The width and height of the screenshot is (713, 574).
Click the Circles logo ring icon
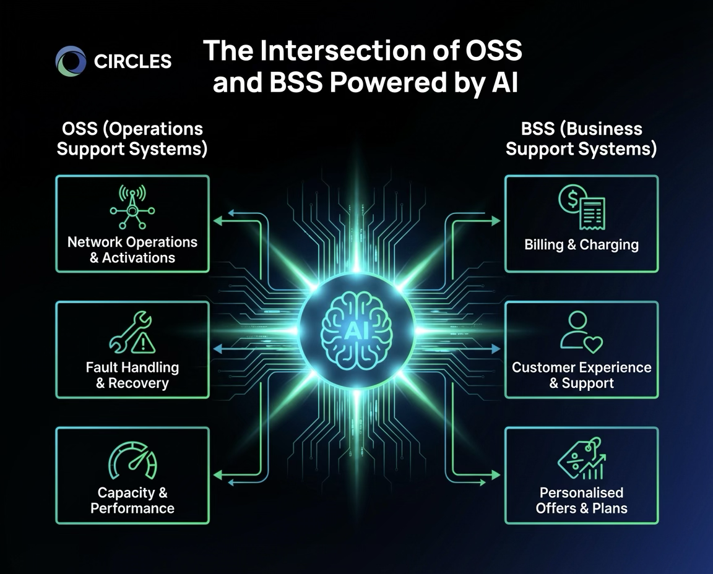[x=71, y=61]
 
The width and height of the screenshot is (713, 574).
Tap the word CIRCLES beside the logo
[x=132, y=61]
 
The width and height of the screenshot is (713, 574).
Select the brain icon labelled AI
[x=356, y=331]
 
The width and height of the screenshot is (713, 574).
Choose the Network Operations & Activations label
[x=132, y=250]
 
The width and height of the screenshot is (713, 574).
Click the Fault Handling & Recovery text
[x=132, y=375]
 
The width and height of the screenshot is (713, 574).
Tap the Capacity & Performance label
[x=132, y=500]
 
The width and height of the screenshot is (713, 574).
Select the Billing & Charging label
[x=581, y=245]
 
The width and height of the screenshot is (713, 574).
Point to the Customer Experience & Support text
[x=581, y=375]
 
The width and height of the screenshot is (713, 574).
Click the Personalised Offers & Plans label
[x=581, y=500]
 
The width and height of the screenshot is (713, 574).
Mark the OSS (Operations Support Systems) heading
[x=132, y=139]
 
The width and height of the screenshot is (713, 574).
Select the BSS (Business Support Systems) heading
[x=581, y=139]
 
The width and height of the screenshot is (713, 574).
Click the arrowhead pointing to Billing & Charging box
[x=495, y=221]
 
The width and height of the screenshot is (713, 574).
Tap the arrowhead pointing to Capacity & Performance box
[x=217, y=475]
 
